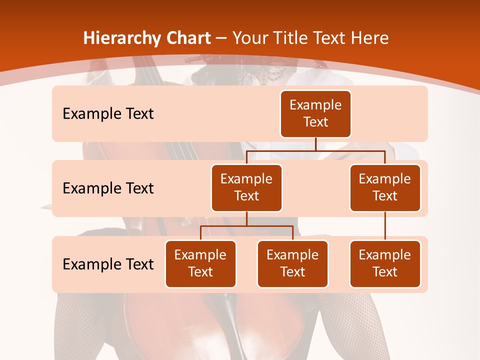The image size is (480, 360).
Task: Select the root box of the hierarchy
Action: pos(315,113)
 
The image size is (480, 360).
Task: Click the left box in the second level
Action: pos(246,187)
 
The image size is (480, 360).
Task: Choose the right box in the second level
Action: pos(385,187)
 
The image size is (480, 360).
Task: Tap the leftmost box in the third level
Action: pos(200,263)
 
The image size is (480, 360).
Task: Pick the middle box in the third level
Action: pos(292,263)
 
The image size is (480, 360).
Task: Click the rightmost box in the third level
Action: pos(385,263)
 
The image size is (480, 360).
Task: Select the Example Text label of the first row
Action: pos(108,113)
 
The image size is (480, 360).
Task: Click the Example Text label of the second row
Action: pos(108,188)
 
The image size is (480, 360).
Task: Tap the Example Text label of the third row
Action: pos(108,264)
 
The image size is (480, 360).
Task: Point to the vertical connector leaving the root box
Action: pos(315,144)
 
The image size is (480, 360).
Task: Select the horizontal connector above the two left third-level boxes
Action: pos(246,226)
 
